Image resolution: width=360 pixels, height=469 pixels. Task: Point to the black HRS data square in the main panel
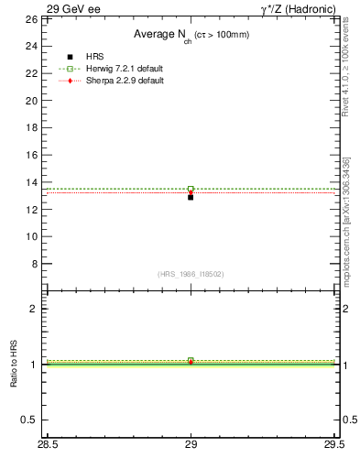[191, 197]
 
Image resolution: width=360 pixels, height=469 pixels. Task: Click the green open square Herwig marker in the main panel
[191, 189]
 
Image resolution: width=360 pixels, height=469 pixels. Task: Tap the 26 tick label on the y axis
[31, 19]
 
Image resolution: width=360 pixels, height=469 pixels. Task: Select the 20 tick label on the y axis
[31, 101]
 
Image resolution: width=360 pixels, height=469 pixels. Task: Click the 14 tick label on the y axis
[31, 182]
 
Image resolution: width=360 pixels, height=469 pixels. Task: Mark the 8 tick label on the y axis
[34, 264]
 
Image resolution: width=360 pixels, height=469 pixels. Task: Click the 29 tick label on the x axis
[191, 446]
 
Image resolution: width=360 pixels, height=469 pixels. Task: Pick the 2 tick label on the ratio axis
[34, 309]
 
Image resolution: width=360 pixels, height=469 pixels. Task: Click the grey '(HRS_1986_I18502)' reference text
[191, 274]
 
